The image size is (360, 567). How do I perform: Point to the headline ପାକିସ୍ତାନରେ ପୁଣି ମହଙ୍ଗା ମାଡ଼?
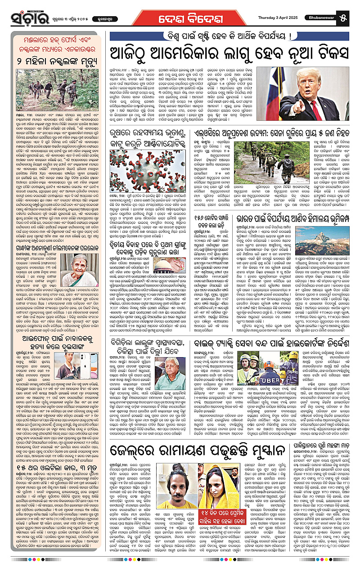314,449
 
